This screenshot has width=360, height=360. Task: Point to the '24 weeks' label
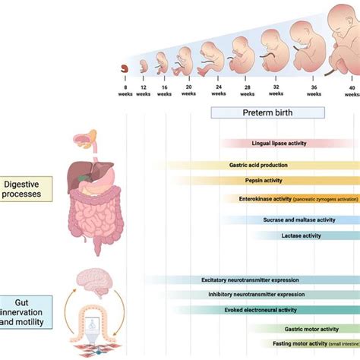pos(218,90)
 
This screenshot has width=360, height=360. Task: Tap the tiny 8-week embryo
pos(123,69)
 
